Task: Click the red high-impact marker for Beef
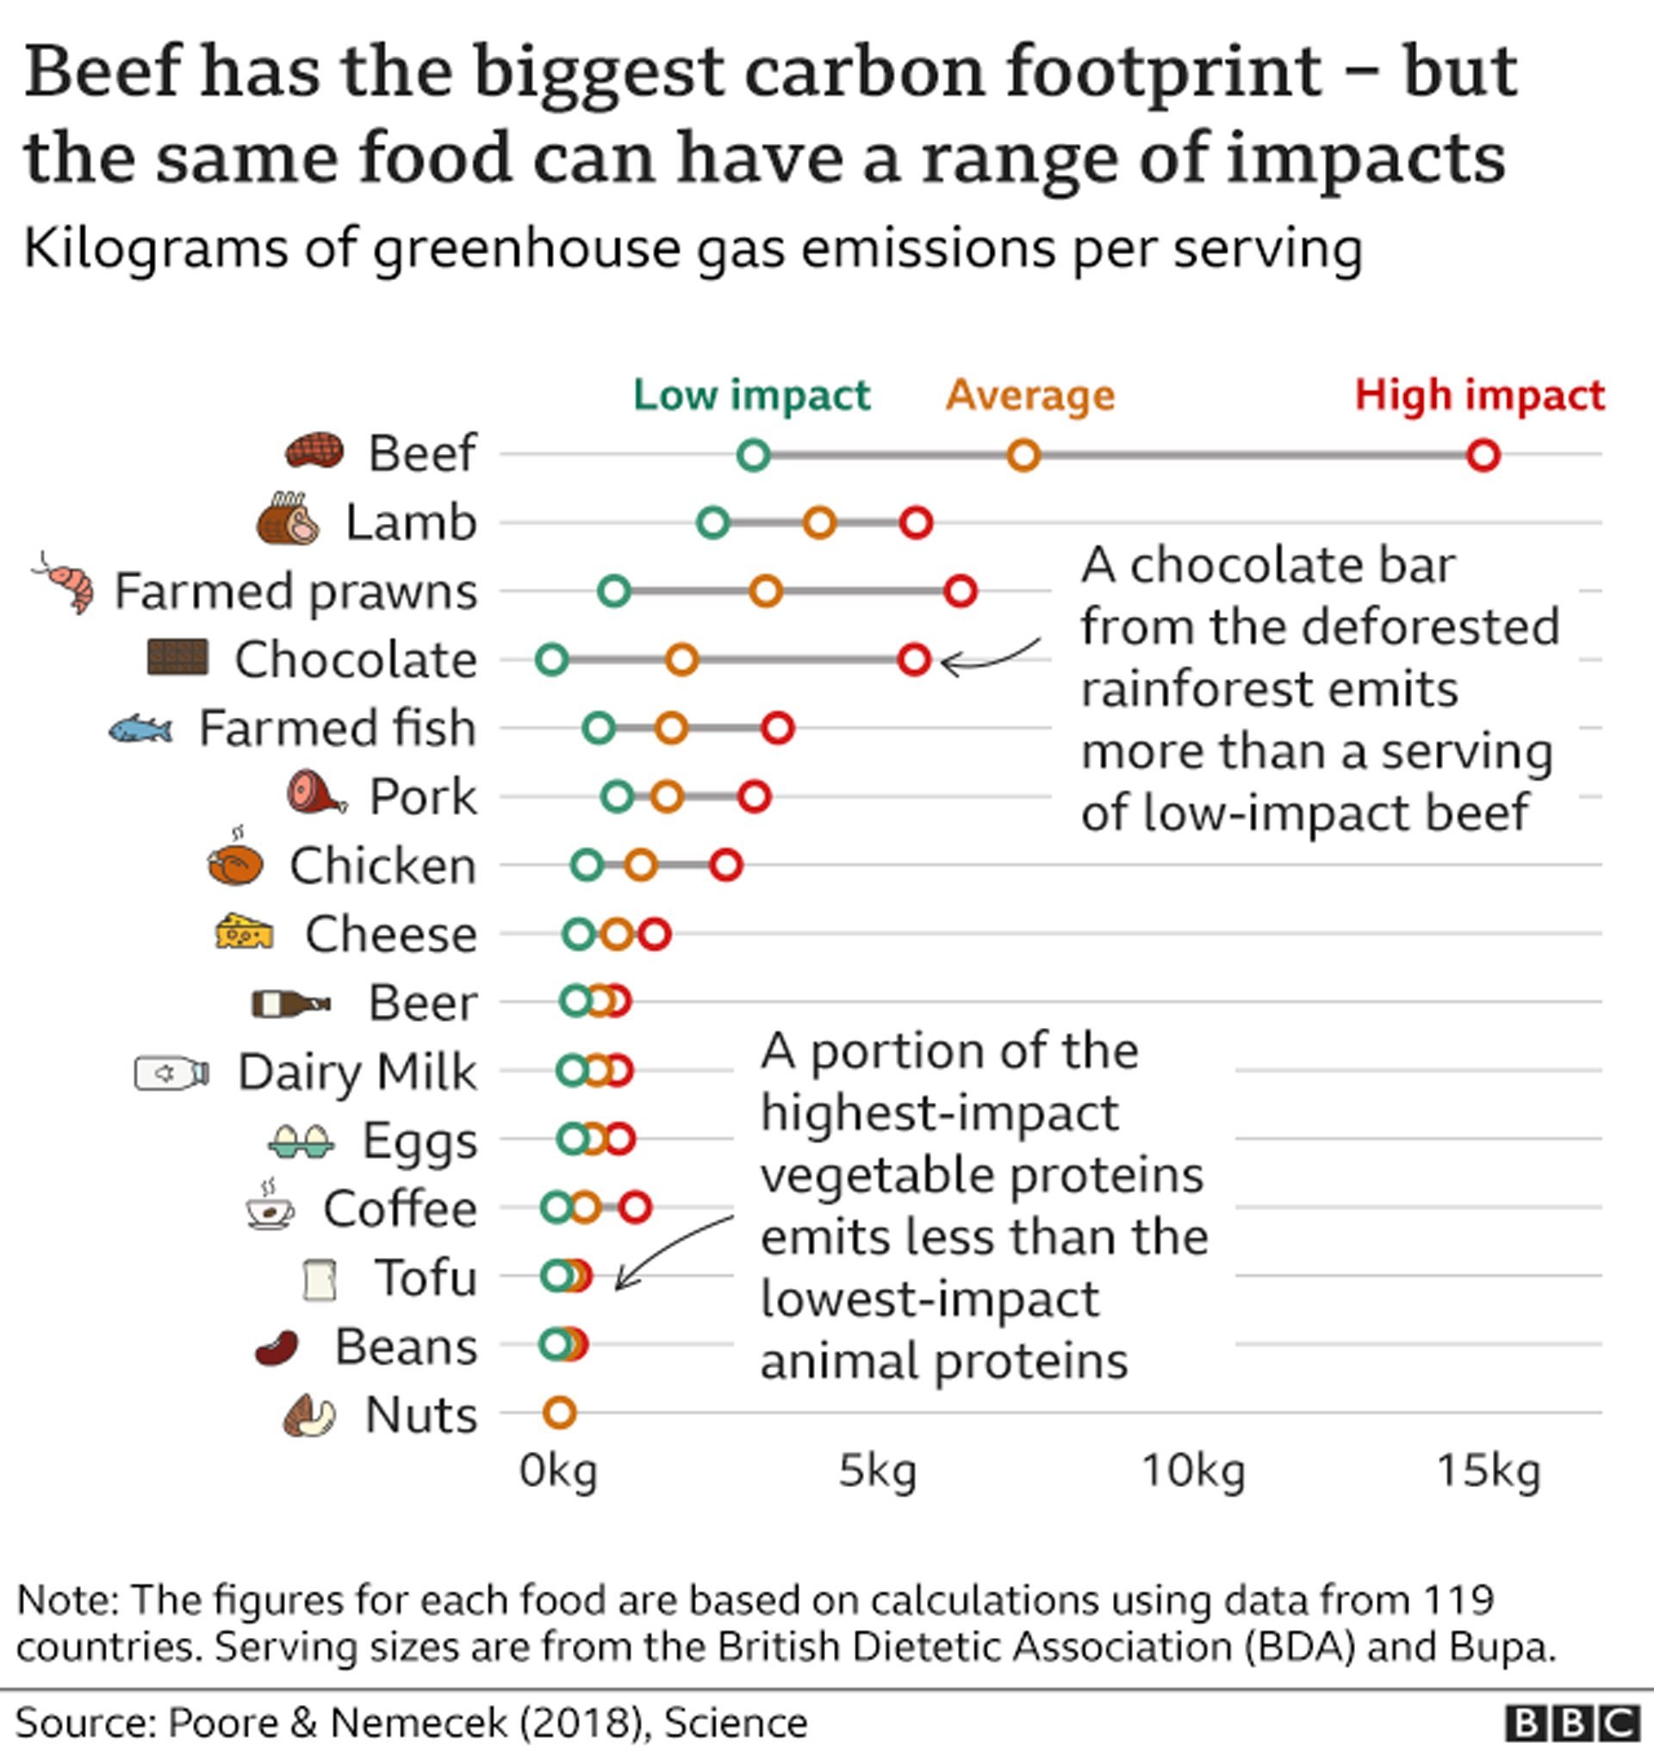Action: (1483, 456)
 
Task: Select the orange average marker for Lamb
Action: (820, 523)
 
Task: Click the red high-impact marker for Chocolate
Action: (915, 658)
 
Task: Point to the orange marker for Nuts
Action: (560, 1412)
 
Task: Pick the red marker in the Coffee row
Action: (636, 1207)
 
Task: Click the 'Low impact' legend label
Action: (751, 395)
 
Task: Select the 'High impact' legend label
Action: (1479, 395)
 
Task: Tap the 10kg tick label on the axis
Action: (1193, 1472)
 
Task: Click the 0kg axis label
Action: (558, 1472)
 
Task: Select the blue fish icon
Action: (141, 729)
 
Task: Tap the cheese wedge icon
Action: (244, 931)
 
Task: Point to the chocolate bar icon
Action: (177, 657)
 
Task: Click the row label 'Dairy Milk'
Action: (357, 1072)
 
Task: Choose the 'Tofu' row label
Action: (426, 1278)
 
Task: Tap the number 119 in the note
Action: (1458, 1599)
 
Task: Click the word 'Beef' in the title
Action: (103, 72)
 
